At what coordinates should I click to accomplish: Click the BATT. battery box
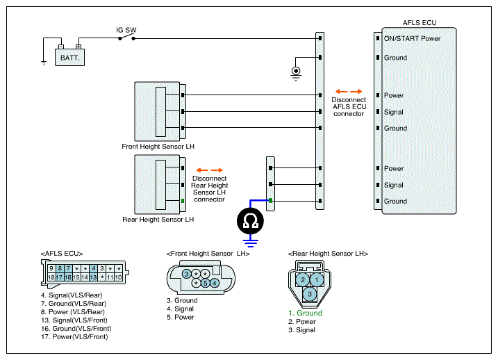point(69,57)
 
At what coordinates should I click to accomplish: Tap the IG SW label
point(126,30)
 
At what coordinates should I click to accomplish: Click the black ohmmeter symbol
point(250,221)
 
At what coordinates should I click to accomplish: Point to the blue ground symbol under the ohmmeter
point(250,243)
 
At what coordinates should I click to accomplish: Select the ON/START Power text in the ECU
point(412,38)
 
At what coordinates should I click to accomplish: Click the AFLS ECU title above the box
point(420,22)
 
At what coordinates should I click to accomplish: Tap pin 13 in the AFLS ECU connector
point(93,277)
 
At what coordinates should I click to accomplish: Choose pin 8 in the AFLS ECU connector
point(60,268)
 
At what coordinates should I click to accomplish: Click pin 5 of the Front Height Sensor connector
point(205,283)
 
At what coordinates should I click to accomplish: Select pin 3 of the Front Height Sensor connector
point(186,274)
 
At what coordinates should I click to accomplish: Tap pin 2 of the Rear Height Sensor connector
point(303,279)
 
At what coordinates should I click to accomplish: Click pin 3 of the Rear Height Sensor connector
point(310,294)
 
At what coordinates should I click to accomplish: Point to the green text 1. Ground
point(305,313)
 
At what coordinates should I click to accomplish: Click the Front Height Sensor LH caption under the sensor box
point(158,147)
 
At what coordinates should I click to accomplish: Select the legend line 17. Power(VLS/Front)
point(74,337)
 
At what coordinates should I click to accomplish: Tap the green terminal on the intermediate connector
point(270,200)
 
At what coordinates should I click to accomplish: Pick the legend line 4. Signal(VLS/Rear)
point(72,295)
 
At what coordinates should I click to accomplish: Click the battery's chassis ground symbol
point(44,63)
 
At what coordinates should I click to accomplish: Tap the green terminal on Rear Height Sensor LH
point(183,201)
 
